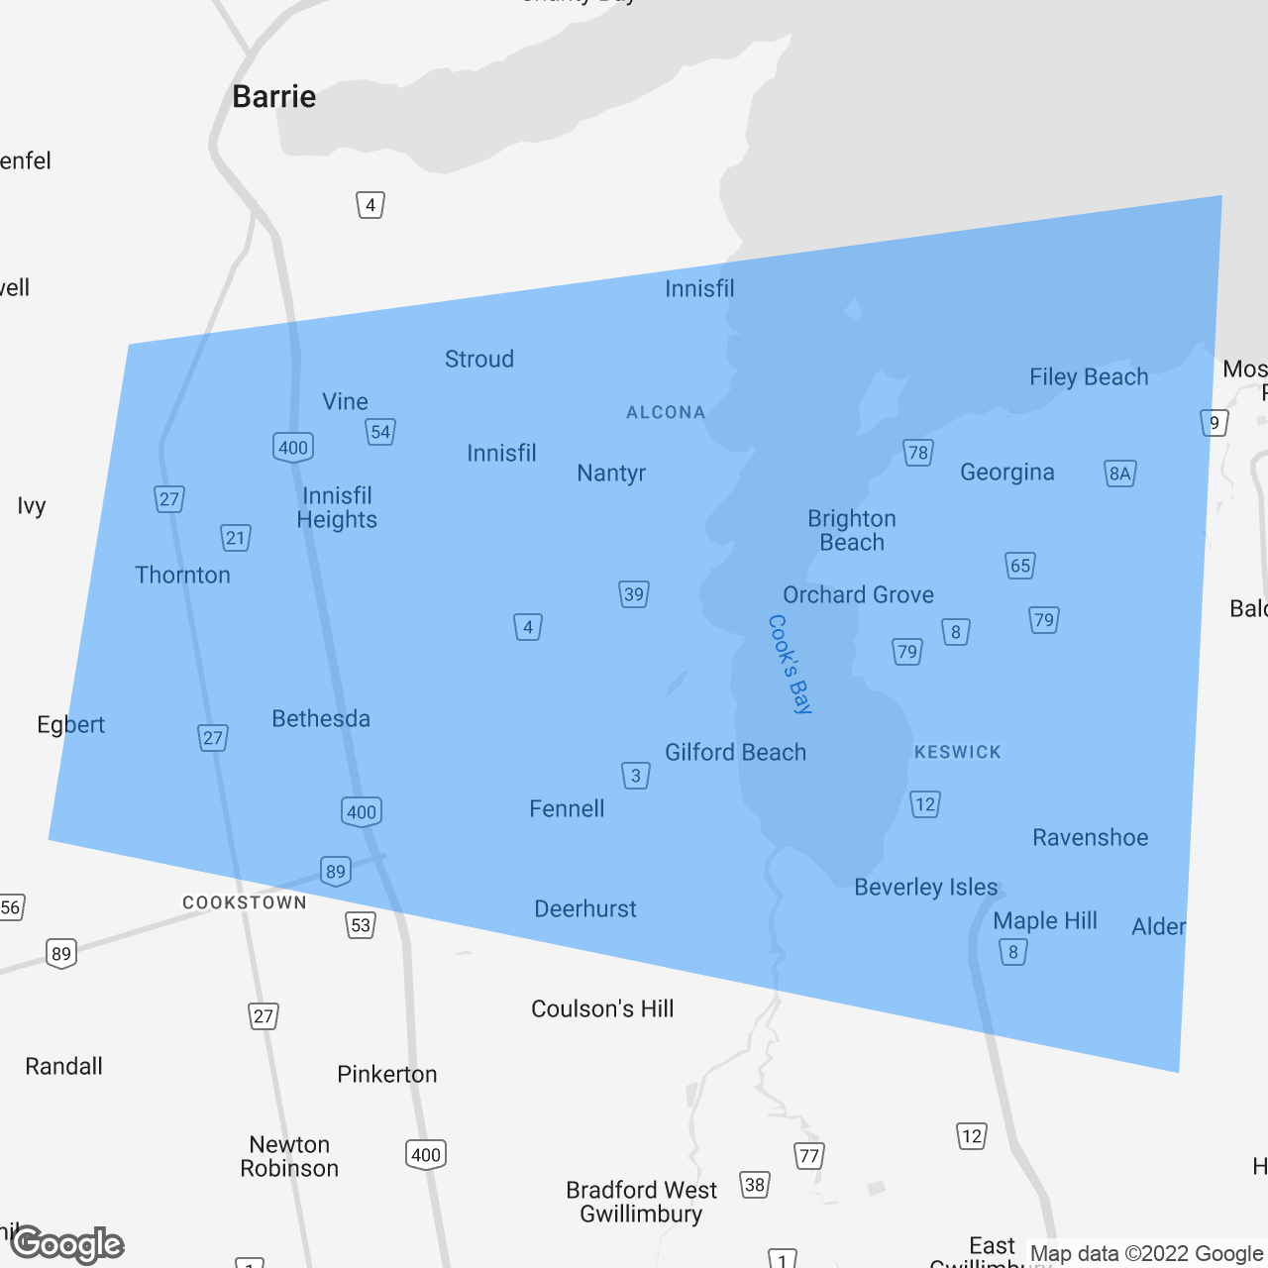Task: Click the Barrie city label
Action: coord(274,97)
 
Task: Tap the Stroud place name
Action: coord(479,359)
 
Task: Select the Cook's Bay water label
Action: coord(790,664)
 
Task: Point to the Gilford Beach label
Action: coord(735,752)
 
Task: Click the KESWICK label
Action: coord(957,752)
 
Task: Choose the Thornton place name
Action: coord(182,575)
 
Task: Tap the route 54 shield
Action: coord(380,432)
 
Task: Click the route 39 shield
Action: coord(634,594)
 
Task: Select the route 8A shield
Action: coord(1119,474)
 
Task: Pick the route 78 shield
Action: coord(918,453)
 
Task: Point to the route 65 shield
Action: coord(1020,566)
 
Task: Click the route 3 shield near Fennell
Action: coord(636,776)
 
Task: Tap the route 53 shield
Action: coord(361,925)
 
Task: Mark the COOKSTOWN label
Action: coord(245,902)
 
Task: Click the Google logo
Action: coord(67,1244)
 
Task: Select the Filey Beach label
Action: coord(1089,377)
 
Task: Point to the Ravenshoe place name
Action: coord(1090,837)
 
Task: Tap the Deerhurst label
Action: coord(585,908)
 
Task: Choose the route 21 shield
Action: coord(235,538)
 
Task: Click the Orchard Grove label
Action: coord(858,594)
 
